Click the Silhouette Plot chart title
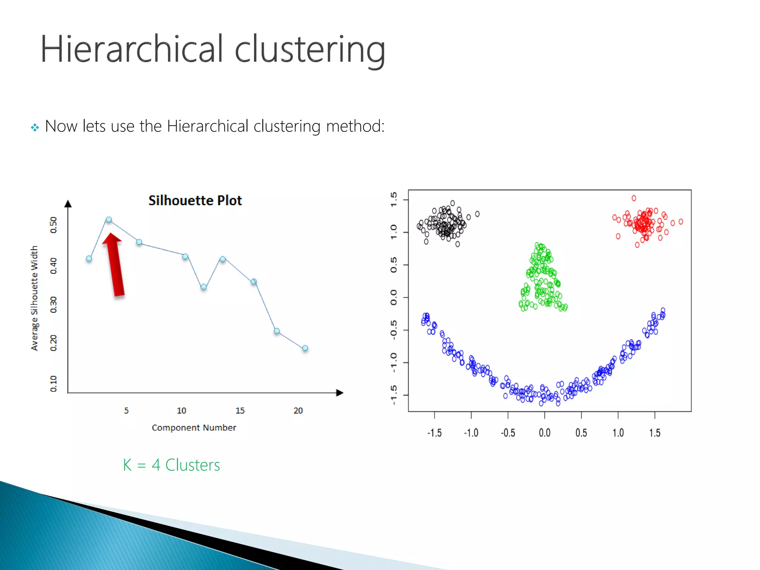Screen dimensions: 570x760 (195, 200)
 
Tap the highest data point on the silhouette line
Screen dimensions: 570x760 (109, 220)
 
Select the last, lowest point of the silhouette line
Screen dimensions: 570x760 (305, 348)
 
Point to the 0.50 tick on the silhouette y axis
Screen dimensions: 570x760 (53, 225)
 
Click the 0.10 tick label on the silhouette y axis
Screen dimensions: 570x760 (53, 384)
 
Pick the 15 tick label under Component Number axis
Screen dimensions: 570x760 (240, 411)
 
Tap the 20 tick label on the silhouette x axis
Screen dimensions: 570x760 (298, 411)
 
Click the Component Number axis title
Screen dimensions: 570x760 (194, 428)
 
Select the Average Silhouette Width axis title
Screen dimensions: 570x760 (34, 298)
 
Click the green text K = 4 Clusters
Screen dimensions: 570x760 (171, 465)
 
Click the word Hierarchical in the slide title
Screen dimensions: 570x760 (132, 49)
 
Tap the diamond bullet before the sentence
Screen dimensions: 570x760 (35, 128)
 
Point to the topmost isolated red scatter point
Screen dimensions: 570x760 (634, 198)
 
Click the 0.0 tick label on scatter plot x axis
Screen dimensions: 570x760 (544, 433)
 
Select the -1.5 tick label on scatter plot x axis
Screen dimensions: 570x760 (434, 433)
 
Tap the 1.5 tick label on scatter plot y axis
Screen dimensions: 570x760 (394, 200)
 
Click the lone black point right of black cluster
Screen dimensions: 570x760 (477, 214)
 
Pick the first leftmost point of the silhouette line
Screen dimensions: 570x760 (89, 258)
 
